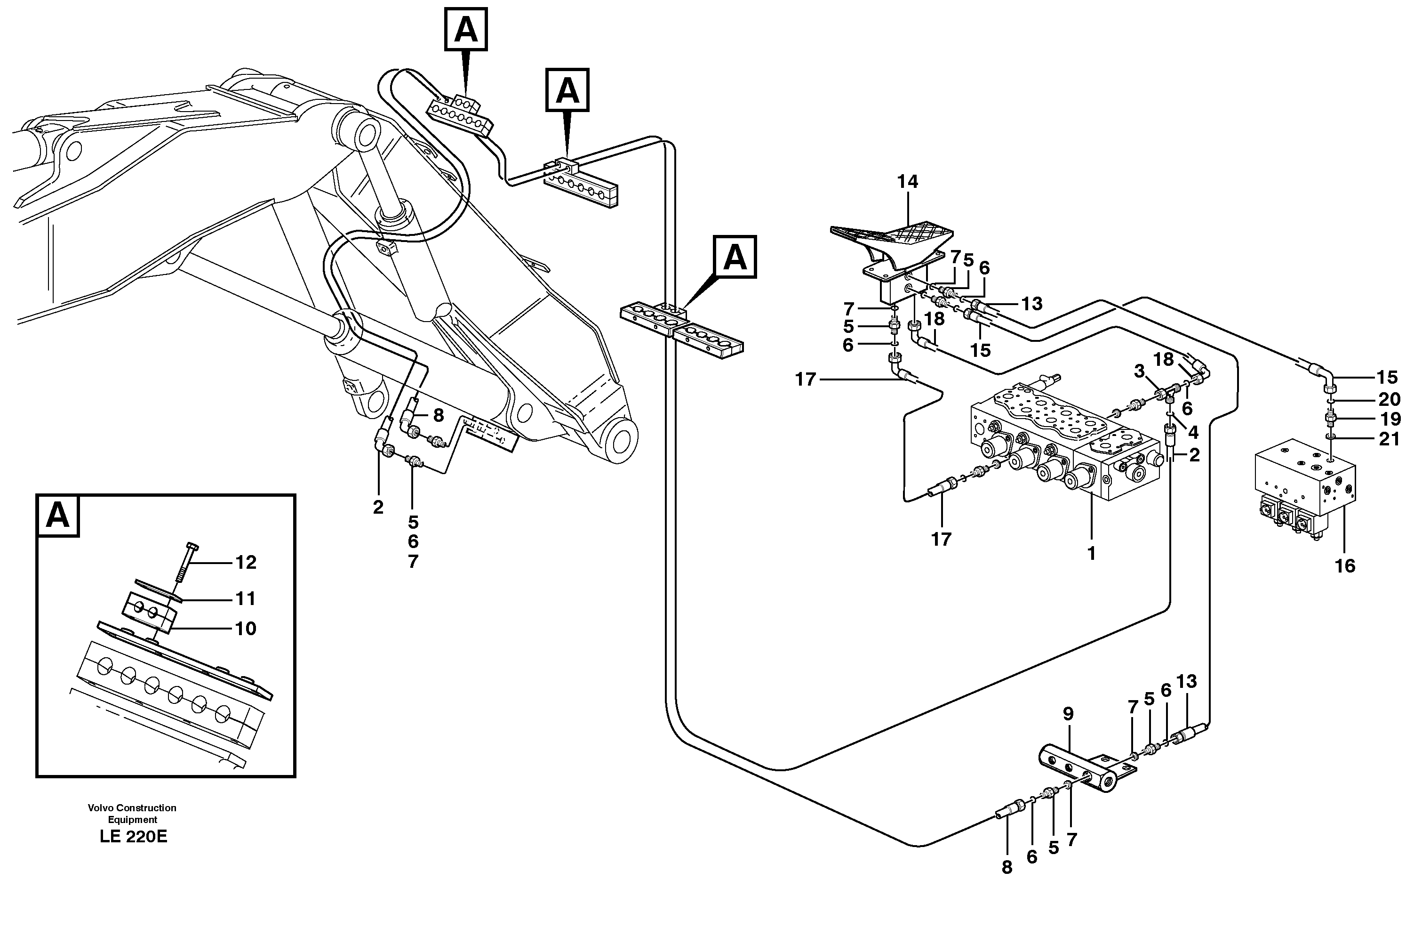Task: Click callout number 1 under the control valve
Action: tap(1091, 554)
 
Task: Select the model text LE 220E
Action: tap(133, 837)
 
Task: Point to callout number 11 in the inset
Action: tap(245, 598)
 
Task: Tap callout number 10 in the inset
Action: tap(245, 629)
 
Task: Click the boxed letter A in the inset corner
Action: tap(57, 516)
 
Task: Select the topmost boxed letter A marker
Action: tap(466, 29)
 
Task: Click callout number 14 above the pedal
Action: tap(907, 182)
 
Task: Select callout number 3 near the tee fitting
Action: tap(1138, 371)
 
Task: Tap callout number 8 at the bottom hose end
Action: tap(1007, 867)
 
